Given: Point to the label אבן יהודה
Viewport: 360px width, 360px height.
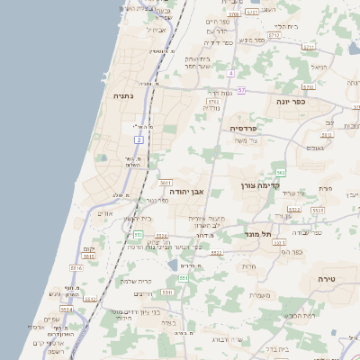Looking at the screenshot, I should tap(188, 191).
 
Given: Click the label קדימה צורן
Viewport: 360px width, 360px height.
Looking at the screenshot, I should tap(262, 185).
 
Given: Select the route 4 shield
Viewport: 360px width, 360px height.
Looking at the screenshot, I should tap(231, 72).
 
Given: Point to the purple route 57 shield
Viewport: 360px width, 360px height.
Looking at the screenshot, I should tap(241, 91).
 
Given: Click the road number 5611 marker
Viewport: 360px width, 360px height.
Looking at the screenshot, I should tap(166, 183).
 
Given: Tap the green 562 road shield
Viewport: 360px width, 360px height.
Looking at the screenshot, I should tap(281, 171).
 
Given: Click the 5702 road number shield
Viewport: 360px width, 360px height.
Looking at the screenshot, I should tap(214, 103).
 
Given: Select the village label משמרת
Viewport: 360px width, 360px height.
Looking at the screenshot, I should tap(261, 295).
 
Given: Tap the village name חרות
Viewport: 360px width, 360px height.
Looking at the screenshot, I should tap(248, 265).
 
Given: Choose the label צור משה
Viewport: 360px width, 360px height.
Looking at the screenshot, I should tap(246, 139).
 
